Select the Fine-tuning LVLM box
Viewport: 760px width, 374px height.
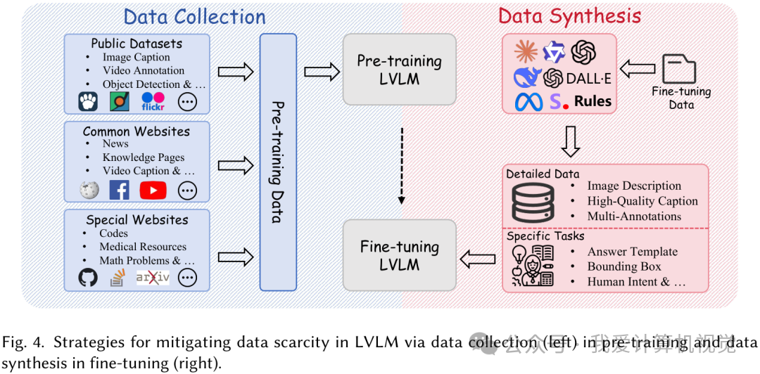click(x=399, y=256)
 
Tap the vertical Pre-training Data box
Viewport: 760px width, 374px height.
click(x=278, y=162)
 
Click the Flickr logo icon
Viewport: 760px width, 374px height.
click(x=153, y=102)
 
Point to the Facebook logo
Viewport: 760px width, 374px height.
click(x=119, y=190)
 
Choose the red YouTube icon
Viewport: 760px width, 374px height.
click(x=153, y=190)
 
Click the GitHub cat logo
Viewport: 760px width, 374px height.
click(x=88, y=278)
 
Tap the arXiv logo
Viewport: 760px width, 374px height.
click(x=153, y=278)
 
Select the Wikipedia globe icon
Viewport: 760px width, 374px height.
click(x=88, y=190)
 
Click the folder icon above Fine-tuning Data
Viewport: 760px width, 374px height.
click(x=678, y=69)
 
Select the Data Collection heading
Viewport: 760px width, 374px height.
click(x=194, y=16)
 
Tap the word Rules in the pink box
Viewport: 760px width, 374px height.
click(x=593, y=101)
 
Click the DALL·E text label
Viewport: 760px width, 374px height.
click(x=590, y=77)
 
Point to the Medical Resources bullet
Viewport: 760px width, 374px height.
click(x=143, y=247)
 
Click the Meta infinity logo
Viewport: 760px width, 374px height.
click(x=528, y=102)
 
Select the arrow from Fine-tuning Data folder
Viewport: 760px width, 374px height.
click(x=637, y=69)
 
